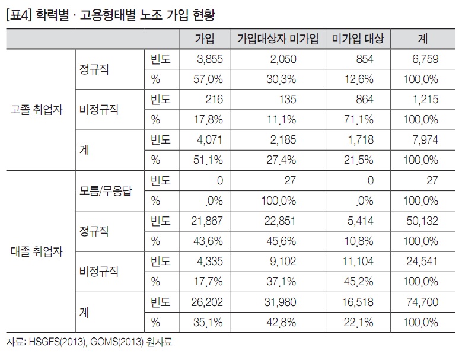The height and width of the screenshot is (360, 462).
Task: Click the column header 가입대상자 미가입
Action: [278, 39]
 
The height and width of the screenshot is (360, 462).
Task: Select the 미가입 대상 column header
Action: [357, 39]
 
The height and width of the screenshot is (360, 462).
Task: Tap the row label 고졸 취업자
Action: [36, 110]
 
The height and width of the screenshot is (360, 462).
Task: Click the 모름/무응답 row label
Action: [105, 191]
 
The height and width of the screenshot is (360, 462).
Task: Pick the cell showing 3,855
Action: [209, 59]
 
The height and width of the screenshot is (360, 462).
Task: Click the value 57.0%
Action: [209, 79]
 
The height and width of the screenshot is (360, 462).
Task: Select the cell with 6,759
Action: [424, 59]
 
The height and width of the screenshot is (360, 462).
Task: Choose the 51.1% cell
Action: [209, 160]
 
